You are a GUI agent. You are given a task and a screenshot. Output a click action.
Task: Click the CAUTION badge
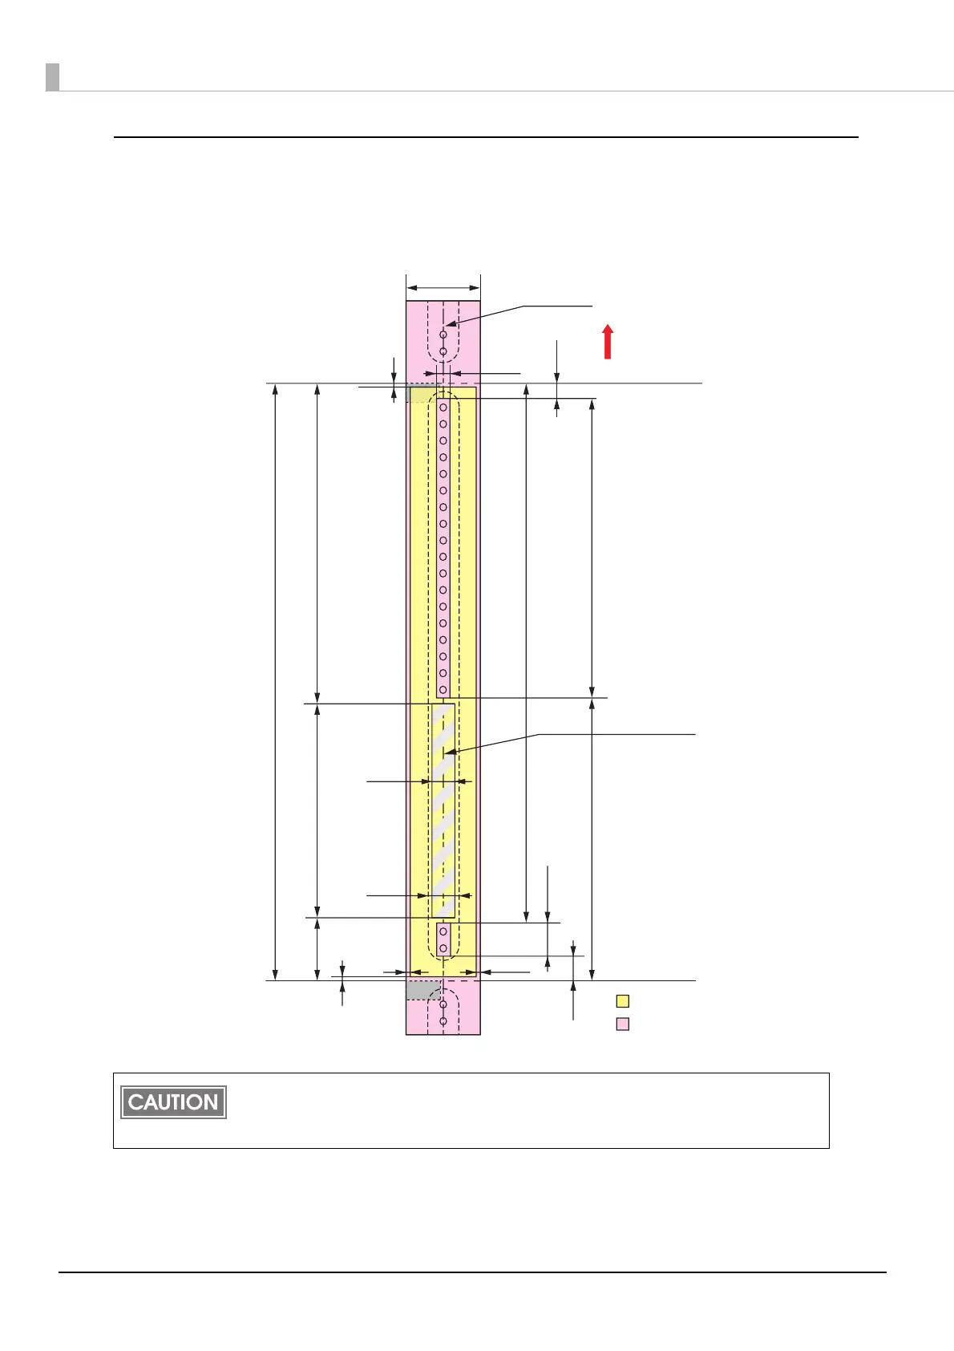pos(173,1102)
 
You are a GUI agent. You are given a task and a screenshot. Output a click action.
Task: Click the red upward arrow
pos(608,342)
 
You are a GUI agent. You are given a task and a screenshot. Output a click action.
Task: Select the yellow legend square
pos(623,1001)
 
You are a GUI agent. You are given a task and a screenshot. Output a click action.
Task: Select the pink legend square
pos(623,1024)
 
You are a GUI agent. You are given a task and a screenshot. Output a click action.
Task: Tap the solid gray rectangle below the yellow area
pos(423,990)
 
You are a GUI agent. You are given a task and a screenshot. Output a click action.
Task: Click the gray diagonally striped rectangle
pos(443,810)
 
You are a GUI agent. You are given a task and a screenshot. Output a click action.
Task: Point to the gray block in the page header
pos(52,77)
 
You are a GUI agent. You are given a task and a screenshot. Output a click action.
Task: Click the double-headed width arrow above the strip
pos(443,288)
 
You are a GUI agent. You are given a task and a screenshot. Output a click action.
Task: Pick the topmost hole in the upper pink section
pos(443,335)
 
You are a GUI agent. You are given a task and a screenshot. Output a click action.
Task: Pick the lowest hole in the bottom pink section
pos(443,1021)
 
